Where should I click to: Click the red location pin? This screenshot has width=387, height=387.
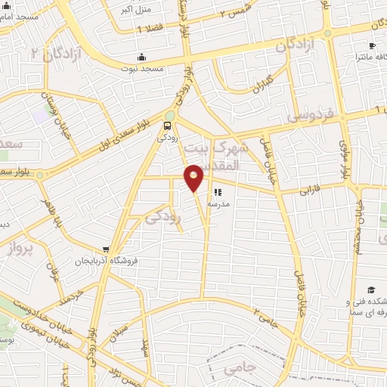194,176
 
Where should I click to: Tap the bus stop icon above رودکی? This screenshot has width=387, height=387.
167,127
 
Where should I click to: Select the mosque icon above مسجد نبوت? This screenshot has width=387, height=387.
141,57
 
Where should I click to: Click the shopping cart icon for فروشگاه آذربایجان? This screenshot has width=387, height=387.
107,249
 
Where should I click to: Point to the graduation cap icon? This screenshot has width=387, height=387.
371,289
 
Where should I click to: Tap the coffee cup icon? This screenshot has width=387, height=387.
373,44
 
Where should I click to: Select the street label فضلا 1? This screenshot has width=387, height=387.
150,29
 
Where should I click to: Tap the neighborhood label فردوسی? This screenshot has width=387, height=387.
309,116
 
